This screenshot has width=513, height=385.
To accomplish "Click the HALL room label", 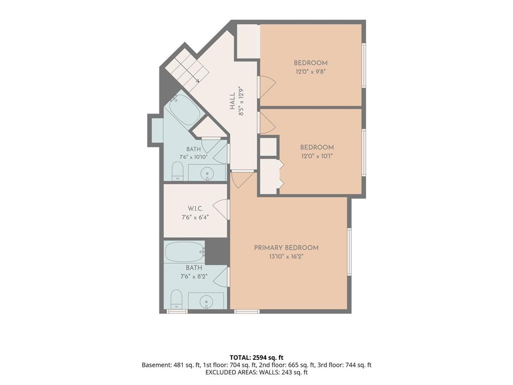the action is click(x=232, y=101).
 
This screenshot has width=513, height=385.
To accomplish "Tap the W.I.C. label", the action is click(x=195, y=209).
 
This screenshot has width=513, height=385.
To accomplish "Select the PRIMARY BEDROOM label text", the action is click(x=286, y=248).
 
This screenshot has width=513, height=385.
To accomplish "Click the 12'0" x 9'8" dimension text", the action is click(x=311, y=72).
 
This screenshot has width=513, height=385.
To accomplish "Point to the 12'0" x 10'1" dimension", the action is click(x=317, y=156).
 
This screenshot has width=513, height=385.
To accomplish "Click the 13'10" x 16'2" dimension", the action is click(x=286, y=257).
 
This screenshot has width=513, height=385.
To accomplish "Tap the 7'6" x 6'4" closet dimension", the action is click(x=195, y=217).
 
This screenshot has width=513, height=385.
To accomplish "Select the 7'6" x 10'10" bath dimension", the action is click(x=193, y=157).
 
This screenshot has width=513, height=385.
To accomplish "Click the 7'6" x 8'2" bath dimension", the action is click(x=194, y=277).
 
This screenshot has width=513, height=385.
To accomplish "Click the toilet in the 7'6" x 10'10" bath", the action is click(x=177, y=171).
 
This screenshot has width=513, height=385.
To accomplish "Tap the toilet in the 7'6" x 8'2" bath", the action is click(x=177, y=299).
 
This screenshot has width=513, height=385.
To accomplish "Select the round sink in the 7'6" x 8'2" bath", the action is click(x=206, y=301).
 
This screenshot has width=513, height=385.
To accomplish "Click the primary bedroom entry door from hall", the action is click(x=241, y=179).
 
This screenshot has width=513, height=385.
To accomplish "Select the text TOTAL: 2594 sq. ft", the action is click(x=256, y=357).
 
